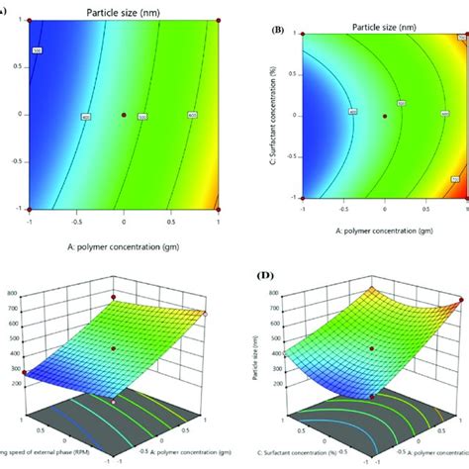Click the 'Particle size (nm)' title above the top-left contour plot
coord(118,9)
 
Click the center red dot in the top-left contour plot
coord(124,116)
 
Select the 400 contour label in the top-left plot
coord(85,116)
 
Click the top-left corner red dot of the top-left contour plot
coord(29,19)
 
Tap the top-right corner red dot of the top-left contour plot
coord(219,19)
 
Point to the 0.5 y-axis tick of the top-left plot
coord(17,66)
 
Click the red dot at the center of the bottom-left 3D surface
coord(114,348)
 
